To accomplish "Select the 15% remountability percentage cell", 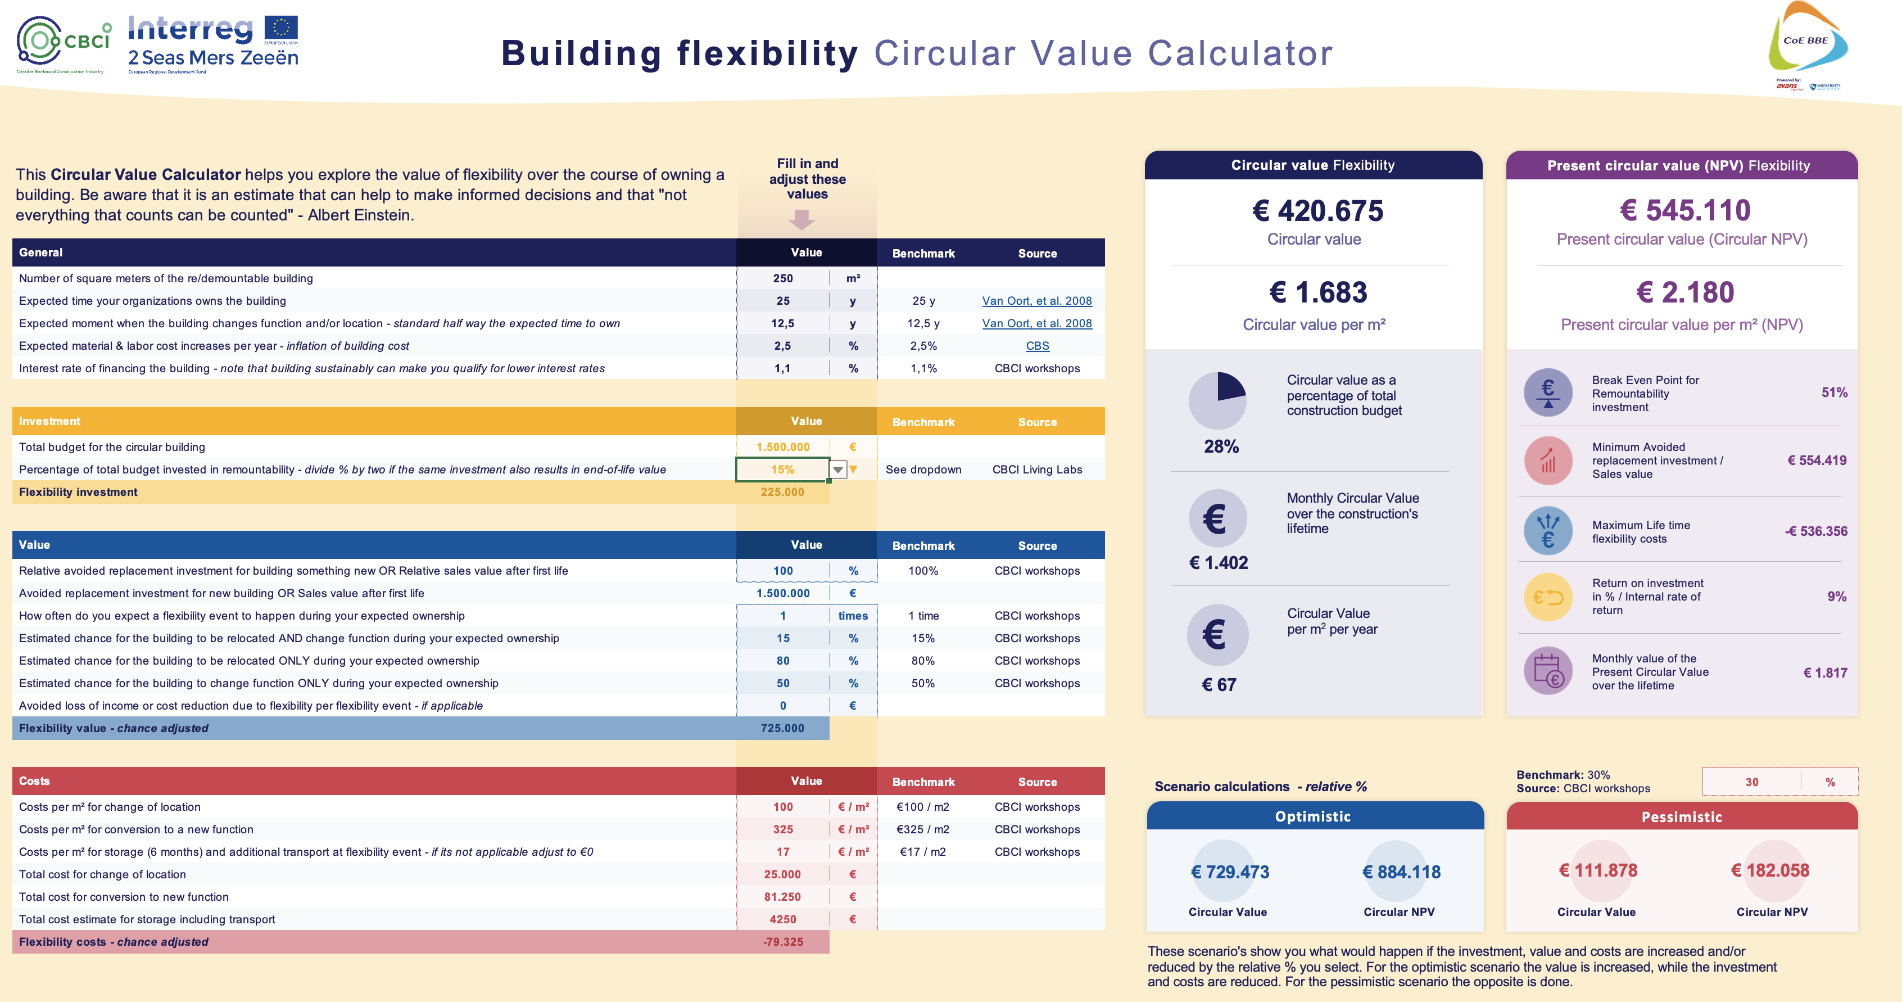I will tap(782, 470).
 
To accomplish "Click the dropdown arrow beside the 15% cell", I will tap(838, 470).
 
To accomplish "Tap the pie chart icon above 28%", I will tap(1217, 400).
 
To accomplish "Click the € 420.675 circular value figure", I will tap(1317, 211).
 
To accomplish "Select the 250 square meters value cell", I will tap(782, 278).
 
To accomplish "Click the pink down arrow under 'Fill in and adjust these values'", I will tap(802, 219).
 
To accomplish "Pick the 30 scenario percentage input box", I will tap(1751, 782).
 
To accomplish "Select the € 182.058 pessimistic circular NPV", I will tap(1770, 870).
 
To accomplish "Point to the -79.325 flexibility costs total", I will tap(782, 941).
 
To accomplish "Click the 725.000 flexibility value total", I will tap(782, 728).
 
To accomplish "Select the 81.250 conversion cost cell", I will tap(782, 896).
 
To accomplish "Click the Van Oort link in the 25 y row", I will tap(1036, 300).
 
